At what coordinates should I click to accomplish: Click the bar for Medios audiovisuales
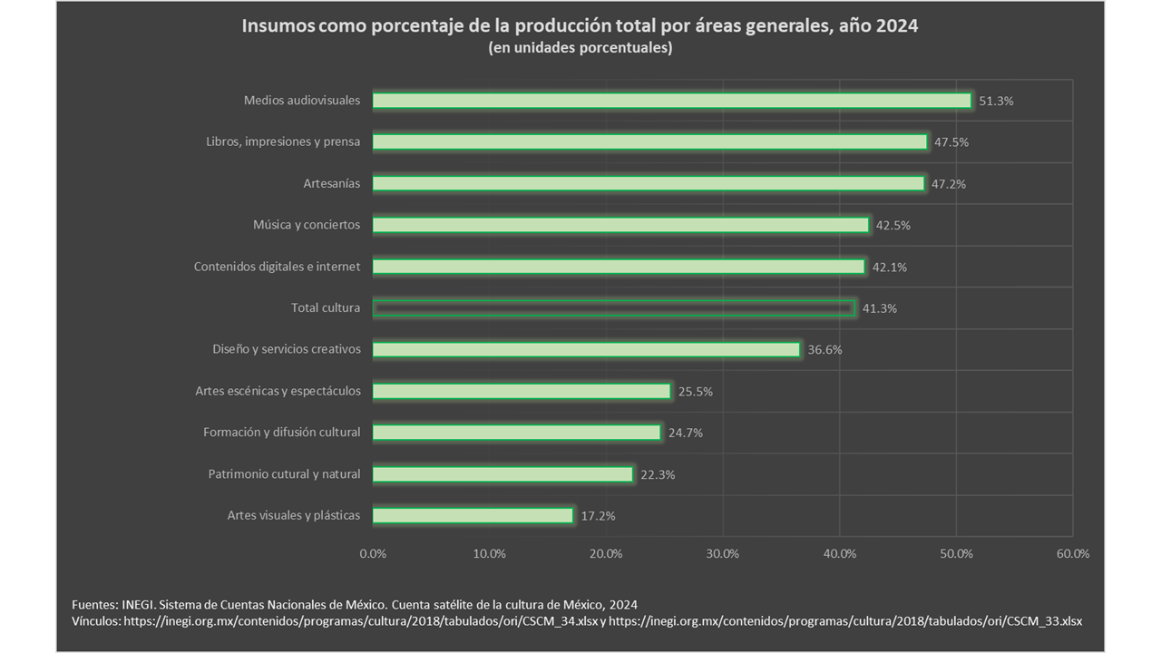[671, 101]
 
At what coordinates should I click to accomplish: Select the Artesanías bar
[648, 183]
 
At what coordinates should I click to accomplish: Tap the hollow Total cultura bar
[613, 308]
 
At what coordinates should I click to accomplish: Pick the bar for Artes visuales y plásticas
[473, 516]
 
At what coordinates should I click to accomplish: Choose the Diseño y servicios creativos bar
[586, 349]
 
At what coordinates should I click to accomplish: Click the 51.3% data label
[996, 102]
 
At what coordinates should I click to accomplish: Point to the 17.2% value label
[598, 516]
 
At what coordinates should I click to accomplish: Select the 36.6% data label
[824, 350]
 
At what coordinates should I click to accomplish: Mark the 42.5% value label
[893, 225]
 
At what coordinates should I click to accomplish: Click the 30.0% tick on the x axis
[722, 553]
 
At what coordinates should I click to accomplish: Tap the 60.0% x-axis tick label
[1072, 553]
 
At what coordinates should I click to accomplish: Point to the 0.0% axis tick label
[373, 553]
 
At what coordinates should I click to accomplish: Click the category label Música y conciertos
[306, 225]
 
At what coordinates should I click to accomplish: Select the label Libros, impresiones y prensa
[283, 141]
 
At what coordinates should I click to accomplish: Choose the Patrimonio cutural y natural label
[284, 474]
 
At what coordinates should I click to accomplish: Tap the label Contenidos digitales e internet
[277, 267]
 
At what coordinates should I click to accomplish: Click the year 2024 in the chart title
[897, 26]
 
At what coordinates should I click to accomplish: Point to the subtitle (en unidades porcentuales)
[580, 48]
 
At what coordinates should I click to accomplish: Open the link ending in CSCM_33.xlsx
[845, 621]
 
